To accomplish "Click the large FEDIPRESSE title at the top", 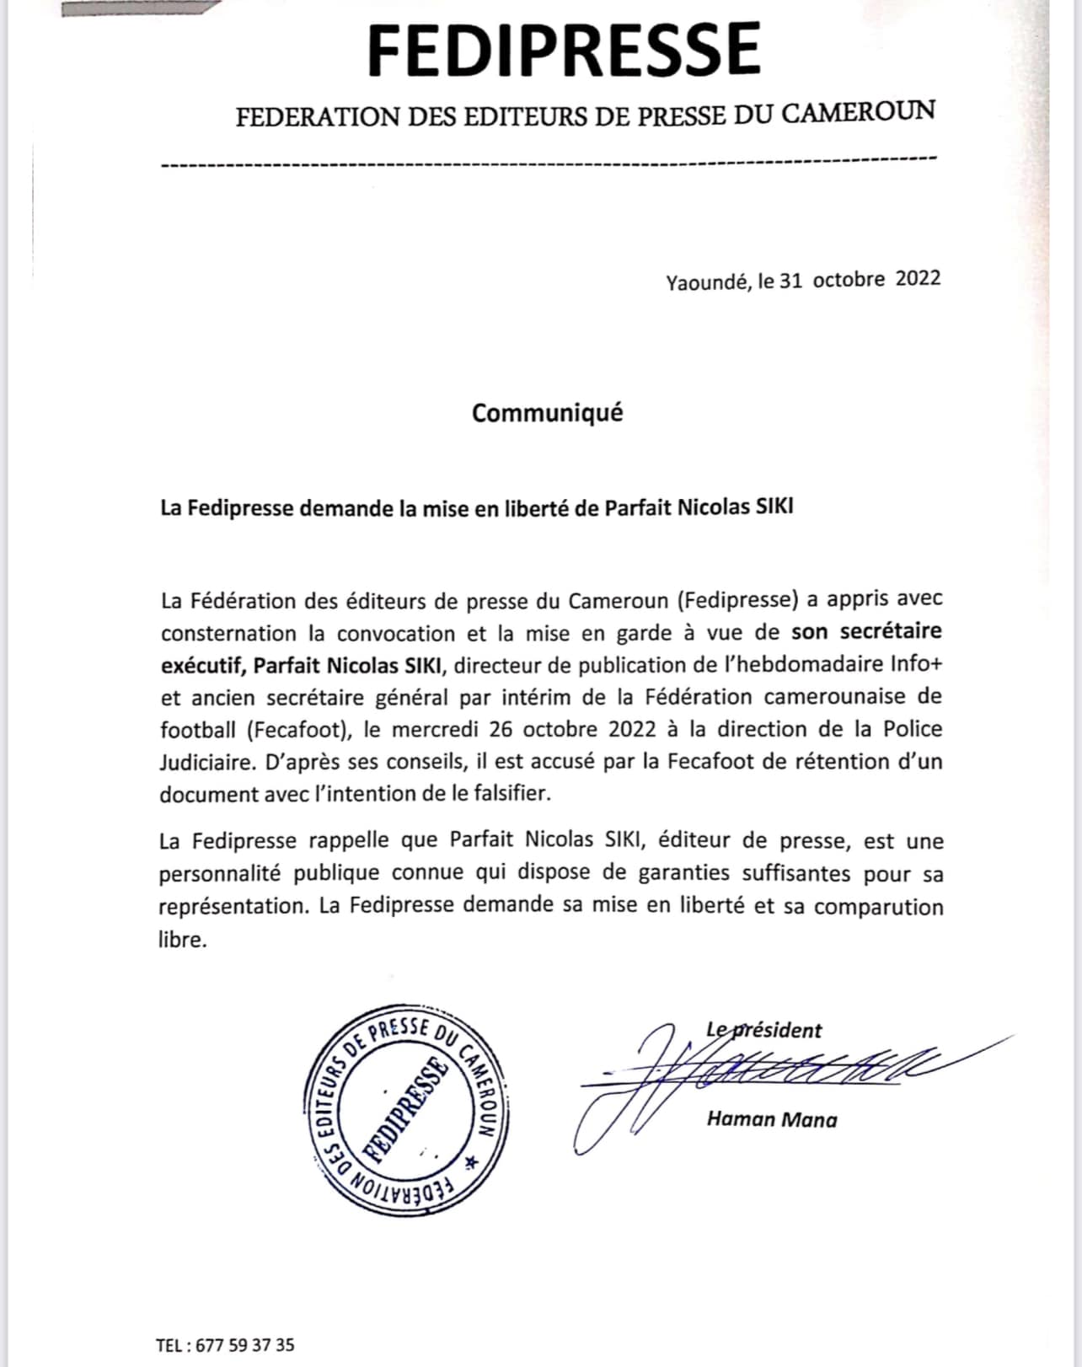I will (564, 50).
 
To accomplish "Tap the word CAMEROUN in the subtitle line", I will (859, 112).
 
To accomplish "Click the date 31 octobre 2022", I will (860, 279).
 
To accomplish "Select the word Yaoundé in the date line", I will (708, 282).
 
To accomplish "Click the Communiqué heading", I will (547, 413).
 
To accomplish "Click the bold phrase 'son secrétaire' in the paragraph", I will (866, 632).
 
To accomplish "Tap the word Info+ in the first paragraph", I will (916, 664).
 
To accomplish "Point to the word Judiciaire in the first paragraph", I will (206, 762).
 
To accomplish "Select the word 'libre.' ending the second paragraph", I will (183, 939).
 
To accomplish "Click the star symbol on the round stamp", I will (470, 1163).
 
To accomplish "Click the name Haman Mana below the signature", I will (772, 1119).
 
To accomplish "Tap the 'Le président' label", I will (763, 1030).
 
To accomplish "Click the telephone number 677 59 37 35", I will (244, 1345).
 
